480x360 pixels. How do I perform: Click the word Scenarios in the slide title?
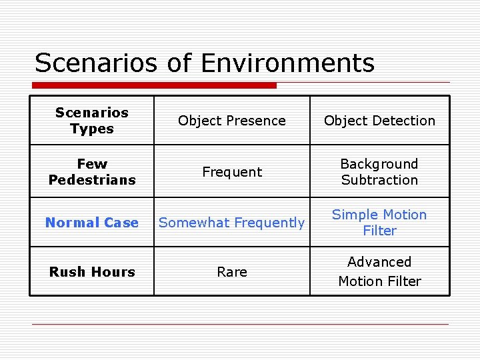click(95, 63)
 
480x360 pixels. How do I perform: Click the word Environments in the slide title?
click(287, 63)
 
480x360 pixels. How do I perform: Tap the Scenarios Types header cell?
click(92, 121)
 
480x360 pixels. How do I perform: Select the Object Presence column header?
click(232, 121)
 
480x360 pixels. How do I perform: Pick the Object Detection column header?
click(379, 121)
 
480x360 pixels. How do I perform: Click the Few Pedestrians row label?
click(92, 172)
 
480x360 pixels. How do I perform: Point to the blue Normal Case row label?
click(92, 223)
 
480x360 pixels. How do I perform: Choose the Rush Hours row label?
click(92, 272)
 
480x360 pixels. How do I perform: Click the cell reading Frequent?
click(232, 172)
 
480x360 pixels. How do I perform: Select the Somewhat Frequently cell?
click(232, 223)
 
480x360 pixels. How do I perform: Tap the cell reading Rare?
click(232, 272)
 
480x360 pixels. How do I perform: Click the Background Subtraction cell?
click(379, 172)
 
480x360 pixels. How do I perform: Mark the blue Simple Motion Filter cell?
click(379, 223)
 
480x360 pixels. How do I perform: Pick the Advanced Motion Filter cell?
click(379, 272)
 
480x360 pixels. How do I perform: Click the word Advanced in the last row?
click(379, 262)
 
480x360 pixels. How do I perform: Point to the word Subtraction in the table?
click(379, 180)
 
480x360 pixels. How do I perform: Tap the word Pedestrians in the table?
click(92, 180)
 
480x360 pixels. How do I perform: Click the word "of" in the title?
click(179, 63)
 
